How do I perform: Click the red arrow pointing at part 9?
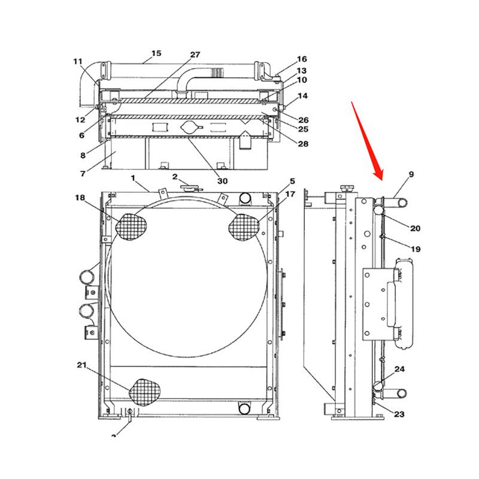(367, 141)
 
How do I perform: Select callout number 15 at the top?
(156, 53)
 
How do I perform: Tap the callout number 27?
(195, 54)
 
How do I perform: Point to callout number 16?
(302, 59)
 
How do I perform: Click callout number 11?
(78, 61)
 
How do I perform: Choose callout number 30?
(222, 180)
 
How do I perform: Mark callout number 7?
(82, 173)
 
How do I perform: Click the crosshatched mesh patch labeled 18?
(131, 226)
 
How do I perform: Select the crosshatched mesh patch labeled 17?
(244, 226)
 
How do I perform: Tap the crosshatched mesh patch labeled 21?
(146, 393)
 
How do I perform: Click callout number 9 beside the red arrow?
(411, 174)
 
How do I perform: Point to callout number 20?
(416, 228)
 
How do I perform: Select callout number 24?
(399, 369)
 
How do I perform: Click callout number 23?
(399, 413)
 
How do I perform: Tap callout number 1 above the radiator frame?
(134, 178)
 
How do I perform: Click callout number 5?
(292, 181)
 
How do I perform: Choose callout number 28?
(303, 144)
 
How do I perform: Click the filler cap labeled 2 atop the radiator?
(189, 187)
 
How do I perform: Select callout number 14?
(302, 96)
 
